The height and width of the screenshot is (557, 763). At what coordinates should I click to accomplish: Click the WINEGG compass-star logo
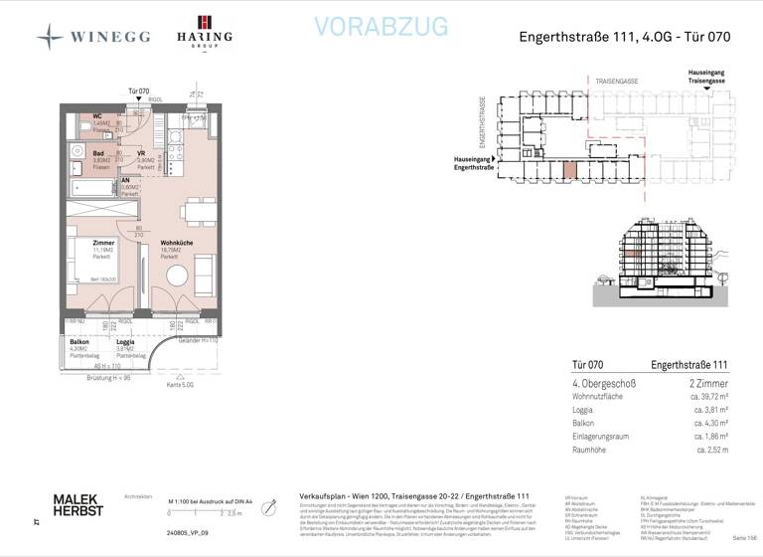click(50, 37)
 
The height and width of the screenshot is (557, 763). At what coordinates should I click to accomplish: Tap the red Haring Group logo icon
click(204, 23)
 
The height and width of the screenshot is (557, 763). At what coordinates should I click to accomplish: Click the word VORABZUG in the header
click(381, 27)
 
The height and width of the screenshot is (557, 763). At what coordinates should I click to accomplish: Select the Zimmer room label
click(101, 244)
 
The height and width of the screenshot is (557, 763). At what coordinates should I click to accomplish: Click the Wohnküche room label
click(176, 244)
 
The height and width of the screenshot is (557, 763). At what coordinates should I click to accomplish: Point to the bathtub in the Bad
click(93, 187)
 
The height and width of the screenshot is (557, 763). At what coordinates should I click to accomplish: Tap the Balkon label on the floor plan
click(80, 342)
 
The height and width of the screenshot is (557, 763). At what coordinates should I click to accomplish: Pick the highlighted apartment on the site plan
click(569, 169)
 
